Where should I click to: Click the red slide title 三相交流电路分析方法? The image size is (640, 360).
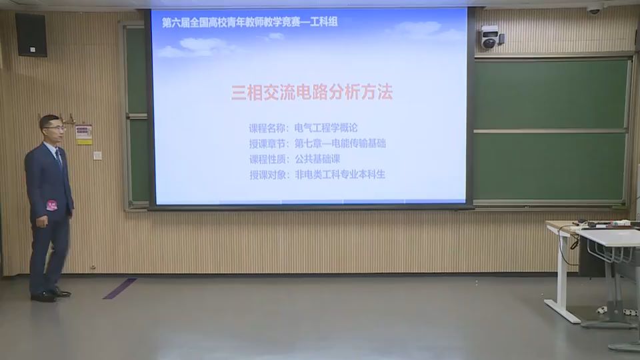[x=311, y=93]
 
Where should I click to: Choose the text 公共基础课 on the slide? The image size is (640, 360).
[x=317, y=159]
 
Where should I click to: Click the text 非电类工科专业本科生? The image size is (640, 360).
[x=340, y=175]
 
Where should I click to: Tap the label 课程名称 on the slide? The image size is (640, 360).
[x=267, y=127]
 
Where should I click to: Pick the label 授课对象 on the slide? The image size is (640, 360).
[x=267, y=175]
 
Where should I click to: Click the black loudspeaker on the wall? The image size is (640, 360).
[x=31, y=35]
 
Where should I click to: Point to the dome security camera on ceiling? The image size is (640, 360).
[x=594, y=9]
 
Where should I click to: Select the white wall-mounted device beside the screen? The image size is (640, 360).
[x=490, y=37]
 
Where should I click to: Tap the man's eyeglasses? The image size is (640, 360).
[x=54, y=127]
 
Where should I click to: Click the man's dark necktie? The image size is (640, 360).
[x=59, y=157]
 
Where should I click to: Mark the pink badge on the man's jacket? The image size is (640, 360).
[x=51, y=205]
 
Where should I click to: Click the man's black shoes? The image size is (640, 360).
[x=51, y=294]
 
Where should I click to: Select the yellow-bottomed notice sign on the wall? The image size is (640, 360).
[x=83, y=135]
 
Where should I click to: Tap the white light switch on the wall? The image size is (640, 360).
[x=97, y=155]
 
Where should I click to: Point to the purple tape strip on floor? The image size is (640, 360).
[x=119, y=288]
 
